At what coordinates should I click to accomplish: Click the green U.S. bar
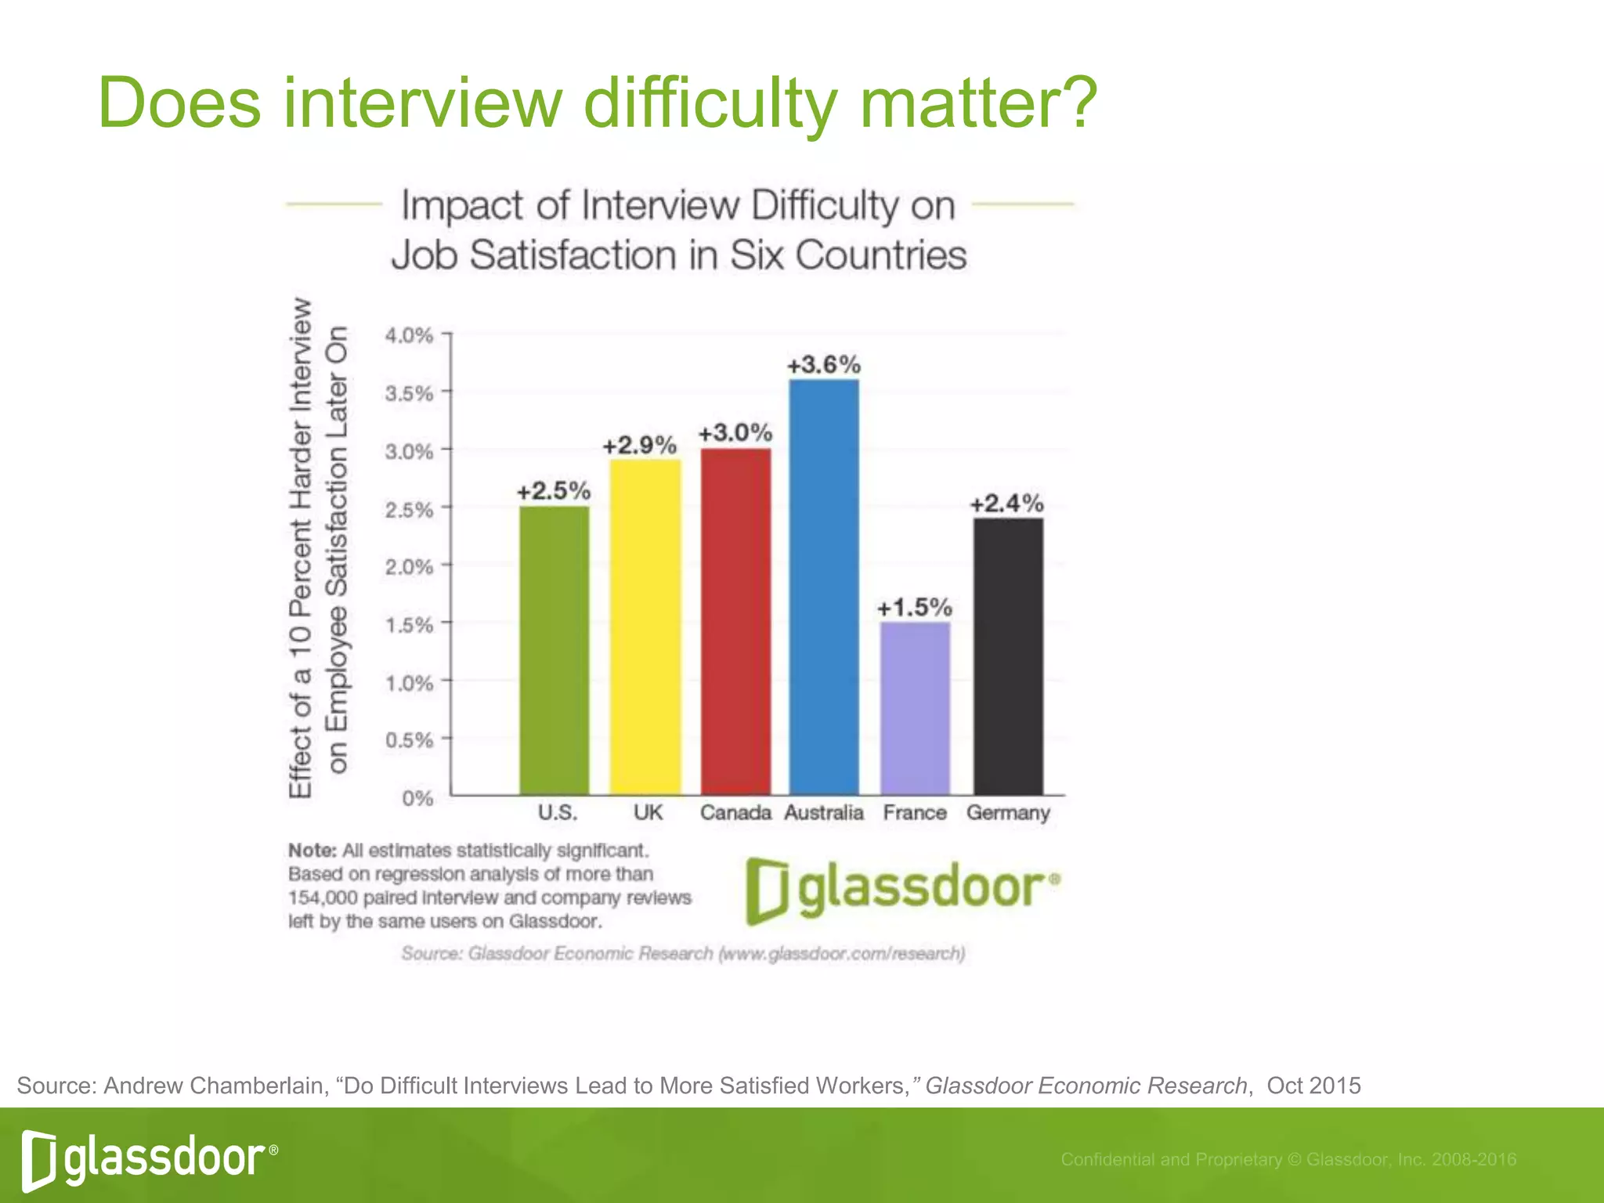coord(555,650)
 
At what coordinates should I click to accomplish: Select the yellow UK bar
coord(645,627)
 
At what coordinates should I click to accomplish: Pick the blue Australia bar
coord(824,587)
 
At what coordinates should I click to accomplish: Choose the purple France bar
coord(915,708)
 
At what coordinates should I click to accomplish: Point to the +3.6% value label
coord(824,365)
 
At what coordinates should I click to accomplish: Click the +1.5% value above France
coord(914,608)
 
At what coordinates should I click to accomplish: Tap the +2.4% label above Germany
coord(1007,504)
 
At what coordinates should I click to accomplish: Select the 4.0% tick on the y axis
coord(409,336)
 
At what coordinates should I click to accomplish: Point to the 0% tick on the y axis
coord(417,798)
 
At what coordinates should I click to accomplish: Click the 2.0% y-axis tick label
coord(409,567)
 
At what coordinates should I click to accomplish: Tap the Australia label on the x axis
coord(824,813)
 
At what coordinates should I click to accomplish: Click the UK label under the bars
coord(648,813)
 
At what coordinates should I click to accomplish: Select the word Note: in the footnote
coord(312,851)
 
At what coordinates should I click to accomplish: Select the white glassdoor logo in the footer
coord(150,1158)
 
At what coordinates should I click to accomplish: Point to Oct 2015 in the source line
coord(1313,1086)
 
